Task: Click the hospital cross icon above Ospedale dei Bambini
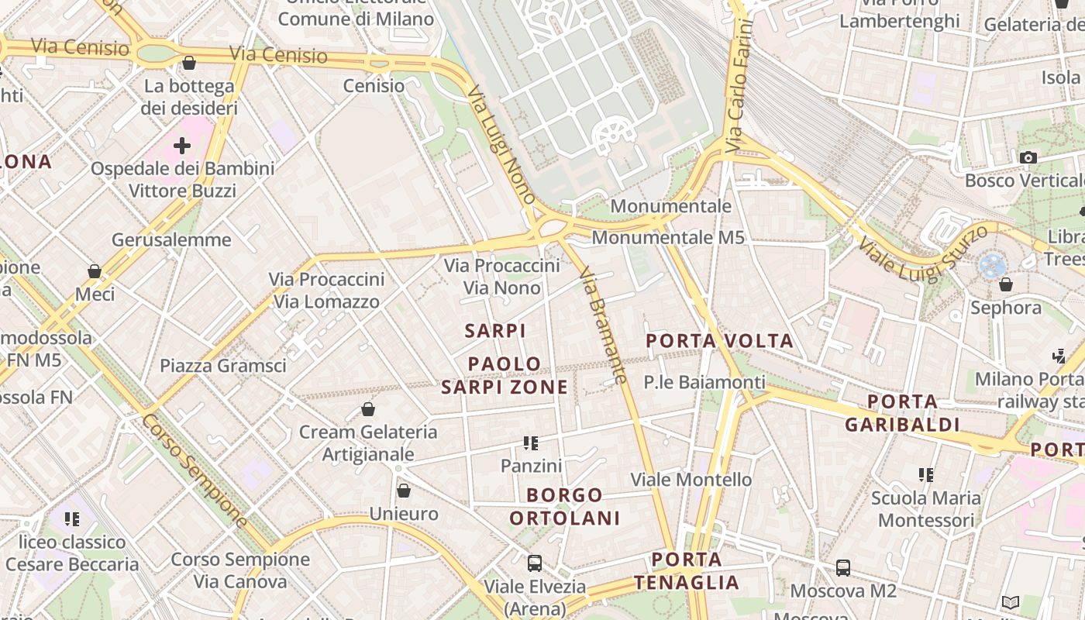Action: coord(182,146)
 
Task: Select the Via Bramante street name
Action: coord(602,325)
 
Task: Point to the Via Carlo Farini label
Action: coord(740,85)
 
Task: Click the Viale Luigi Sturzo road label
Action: coord(922,253)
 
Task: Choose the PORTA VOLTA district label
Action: coord(719,341)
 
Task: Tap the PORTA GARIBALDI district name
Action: coord(902,413)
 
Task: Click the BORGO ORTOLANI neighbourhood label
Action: coord(574,507)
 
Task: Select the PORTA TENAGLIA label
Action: coord(687,571)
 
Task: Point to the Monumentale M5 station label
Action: coord(668,237)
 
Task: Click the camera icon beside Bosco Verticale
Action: coord(1028,158)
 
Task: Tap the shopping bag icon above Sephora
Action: coord(1006,284)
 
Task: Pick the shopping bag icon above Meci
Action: coord(95,271)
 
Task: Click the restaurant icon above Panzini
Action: coord(531,443)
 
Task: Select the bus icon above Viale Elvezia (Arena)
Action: coord(535,563)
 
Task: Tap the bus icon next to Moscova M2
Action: coord(843,568)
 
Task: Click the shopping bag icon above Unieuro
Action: coord(403,491)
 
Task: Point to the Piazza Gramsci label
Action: coord(223,366)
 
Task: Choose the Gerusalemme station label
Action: coord(171,240)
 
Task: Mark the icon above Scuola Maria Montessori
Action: coord(925,474)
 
